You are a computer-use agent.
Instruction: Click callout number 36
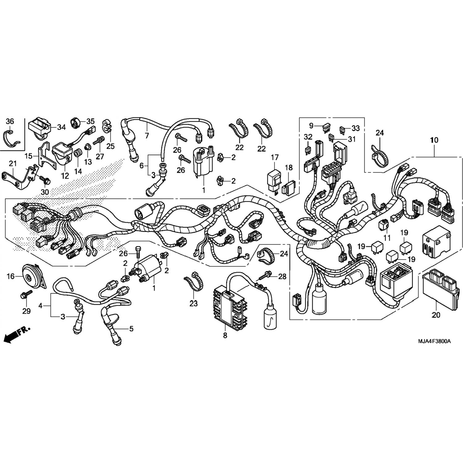(x=10, y=121)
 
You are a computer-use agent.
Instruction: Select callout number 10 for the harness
(x=434, y=140)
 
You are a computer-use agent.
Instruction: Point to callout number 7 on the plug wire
(x=147, y=135)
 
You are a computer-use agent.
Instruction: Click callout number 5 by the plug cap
(x=131, y=329)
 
